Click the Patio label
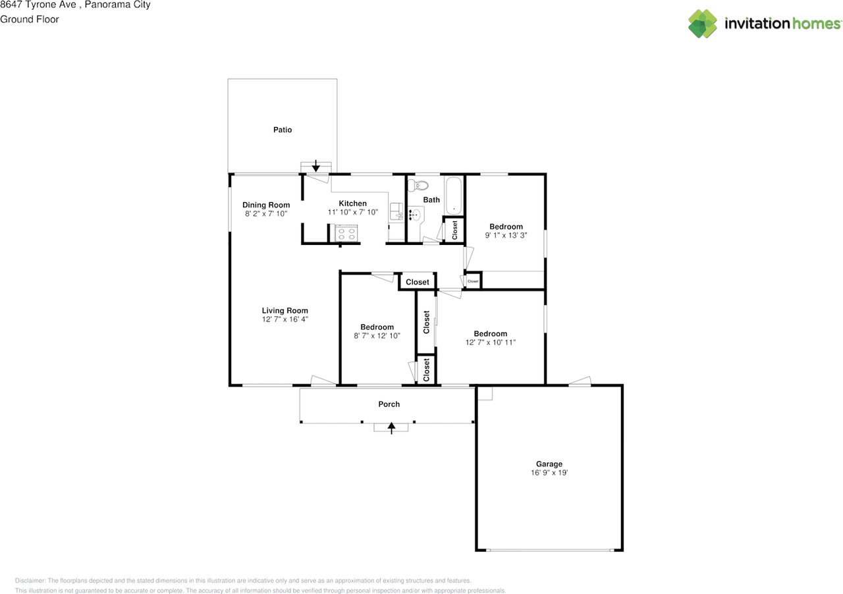coord(283,130)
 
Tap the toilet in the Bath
coord(418,185)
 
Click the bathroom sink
coord(415,215)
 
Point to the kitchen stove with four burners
coord(346,234)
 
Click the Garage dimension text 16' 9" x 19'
coord(549,473)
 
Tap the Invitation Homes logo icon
coord(703,24)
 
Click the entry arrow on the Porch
coord(392,428)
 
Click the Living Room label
coord(285,311)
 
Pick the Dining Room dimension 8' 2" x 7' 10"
coord(266,214)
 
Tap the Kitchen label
coord(352,203)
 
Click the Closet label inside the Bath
coord(454,230)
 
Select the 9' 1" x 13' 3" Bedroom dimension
coord(506,235)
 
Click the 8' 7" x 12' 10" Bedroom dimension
coord(377,336)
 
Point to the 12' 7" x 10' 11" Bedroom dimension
coord(490,342)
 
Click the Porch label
coord(389,404)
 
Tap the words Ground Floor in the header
coord(30,19)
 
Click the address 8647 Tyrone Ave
coord(40,5)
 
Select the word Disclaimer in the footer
coord(30,581)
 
